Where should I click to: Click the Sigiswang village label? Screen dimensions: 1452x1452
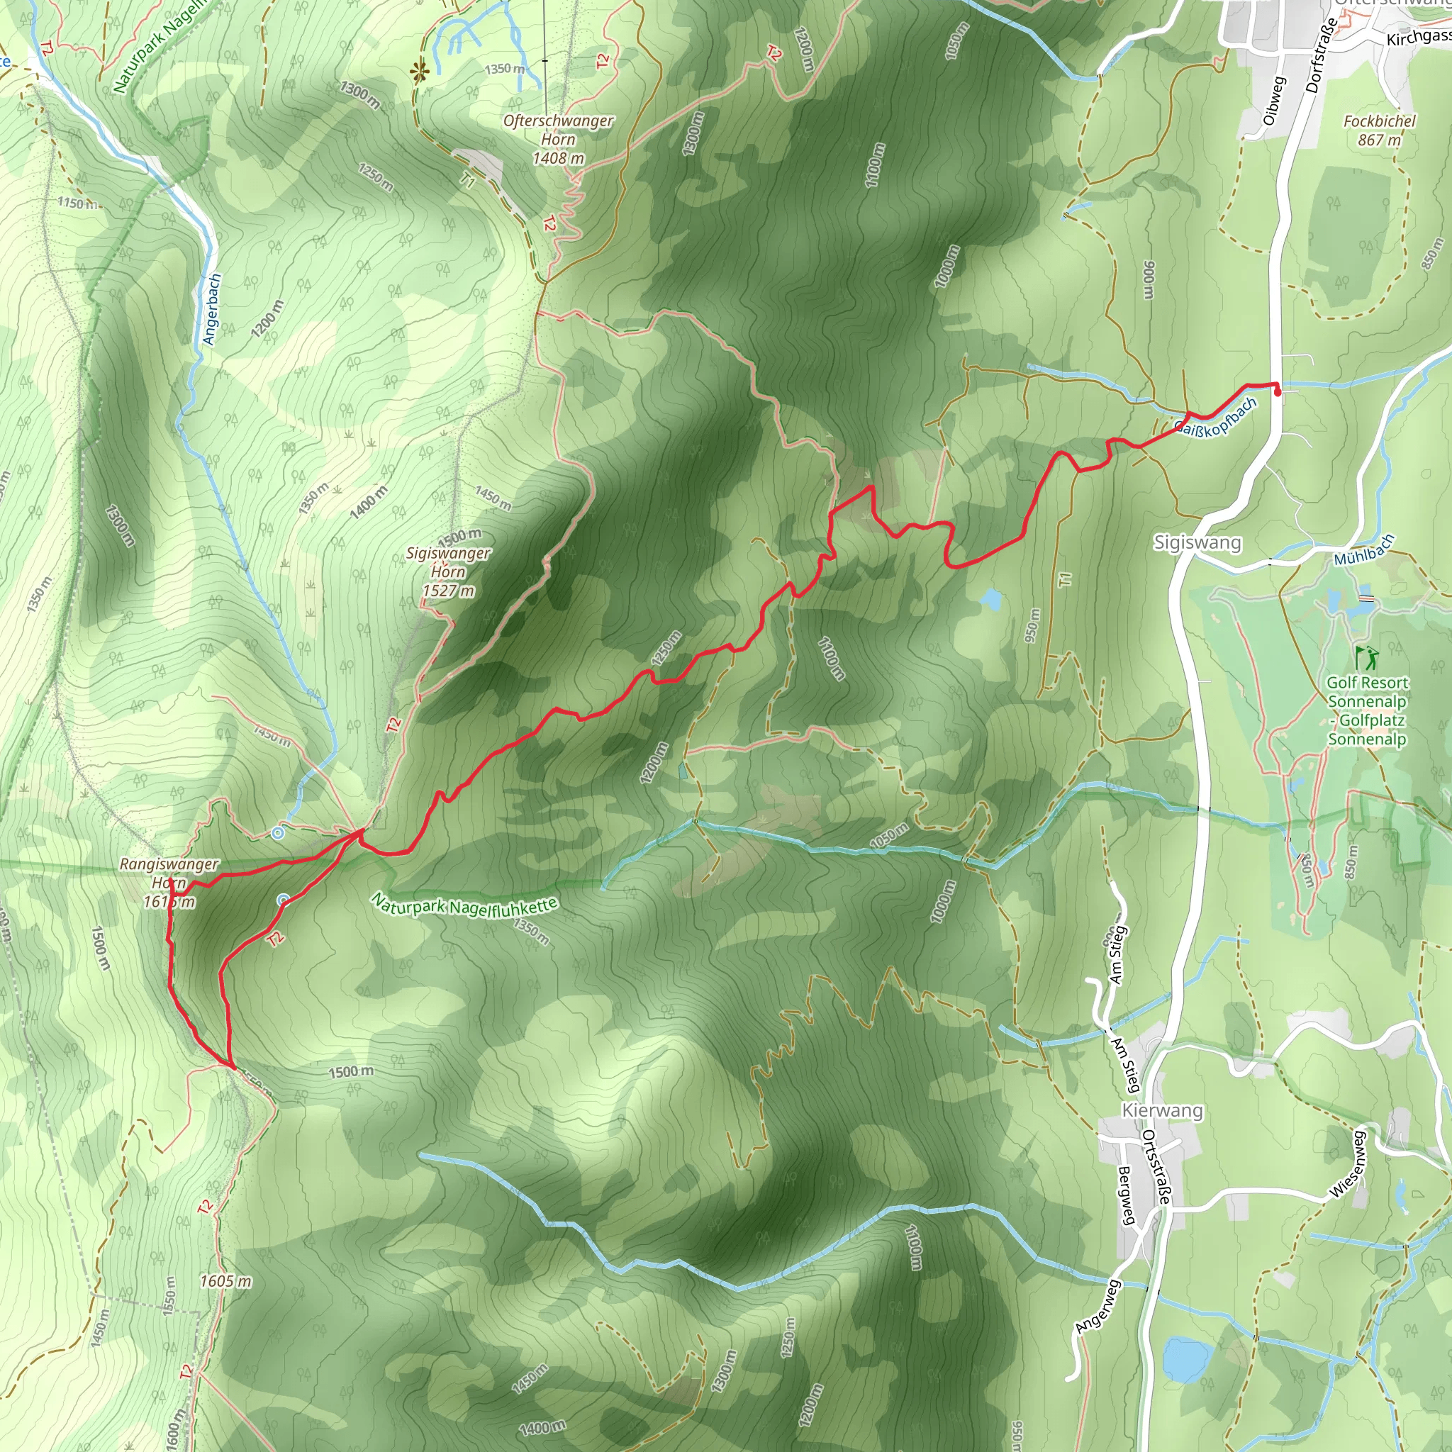tap(1197, 542)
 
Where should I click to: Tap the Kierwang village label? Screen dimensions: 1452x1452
tap(1162, 1111)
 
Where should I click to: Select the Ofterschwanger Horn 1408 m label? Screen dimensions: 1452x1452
tap(558, 139)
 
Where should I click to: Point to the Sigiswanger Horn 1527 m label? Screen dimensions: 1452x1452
tap(448, 572)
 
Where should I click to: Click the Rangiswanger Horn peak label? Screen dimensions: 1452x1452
tap(169, 882)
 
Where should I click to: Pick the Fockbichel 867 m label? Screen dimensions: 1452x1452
tap(1379, 130)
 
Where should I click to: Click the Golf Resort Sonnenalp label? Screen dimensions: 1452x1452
tap(1367, 710)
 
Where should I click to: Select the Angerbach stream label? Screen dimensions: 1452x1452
tap(213, 309)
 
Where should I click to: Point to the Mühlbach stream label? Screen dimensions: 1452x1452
tap(1364, 550)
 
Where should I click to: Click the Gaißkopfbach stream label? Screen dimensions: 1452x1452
tap(1215, 418)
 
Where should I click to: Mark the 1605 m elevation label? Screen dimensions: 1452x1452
tap(225, 1281)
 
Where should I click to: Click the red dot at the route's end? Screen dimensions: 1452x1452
tap(1278, 391)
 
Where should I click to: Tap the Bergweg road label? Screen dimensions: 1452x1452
tap(1125, 1195)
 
